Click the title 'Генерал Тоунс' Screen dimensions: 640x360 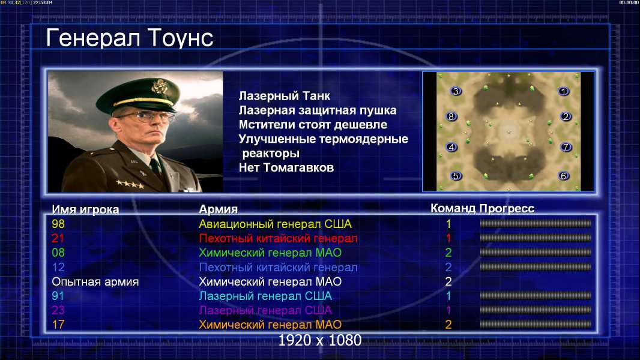tap(130, 38)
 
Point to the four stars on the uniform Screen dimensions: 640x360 tap(130, 184)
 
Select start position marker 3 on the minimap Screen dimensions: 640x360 tap(456, 91)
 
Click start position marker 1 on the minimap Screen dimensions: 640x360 tap(564, 91)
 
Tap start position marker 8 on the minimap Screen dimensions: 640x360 tap(451, 116)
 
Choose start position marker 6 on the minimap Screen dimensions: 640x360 tap(564, 176)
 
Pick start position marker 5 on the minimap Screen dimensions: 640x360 tap(456, 176)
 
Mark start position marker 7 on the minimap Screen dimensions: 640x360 tap(566, 147)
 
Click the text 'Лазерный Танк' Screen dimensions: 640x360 tap(285, 96)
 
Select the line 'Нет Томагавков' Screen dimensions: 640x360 tap(286, 167)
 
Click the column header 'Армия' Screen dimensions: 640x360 tap(218, 209)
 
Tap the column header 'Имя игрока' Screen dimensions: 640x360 tap(85, 209)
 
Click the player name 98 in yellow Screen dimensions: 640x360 tap(58, 224)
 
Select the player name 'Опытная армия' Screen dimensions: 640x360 tap(95, 282)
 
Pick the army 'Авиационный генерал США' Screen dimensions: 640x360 tap(275, 224)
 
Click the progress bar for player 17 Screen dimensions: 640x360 tap(536, 325)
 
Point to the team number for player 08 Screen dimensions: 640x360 tap(448, 253)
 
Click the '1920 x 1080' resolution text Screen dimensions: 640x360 tap(320, 340)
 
